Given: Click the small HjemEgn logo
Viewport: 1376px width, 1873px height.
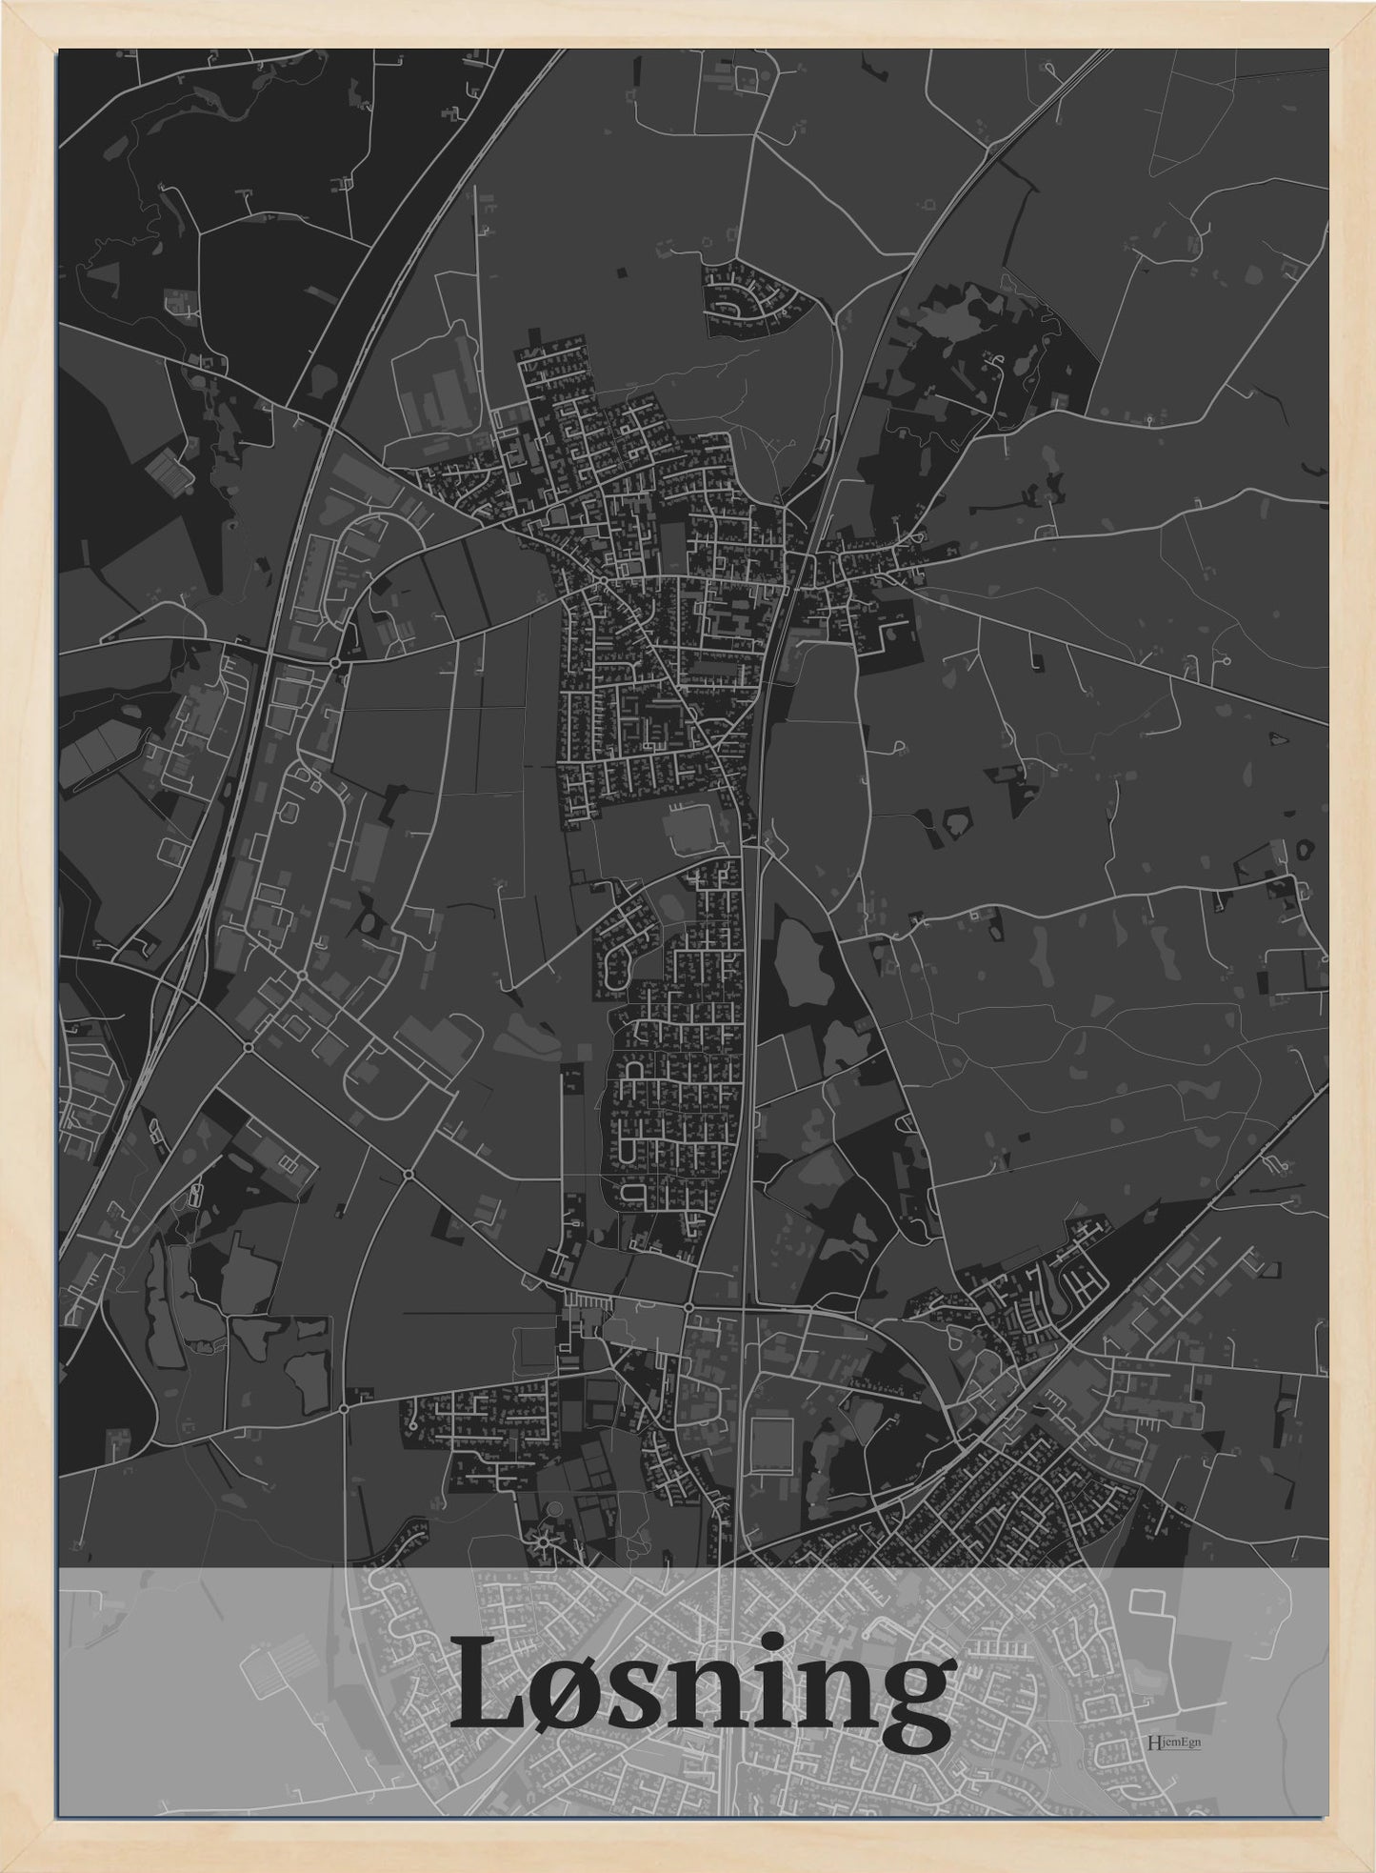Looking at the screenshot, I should [1175, 1742].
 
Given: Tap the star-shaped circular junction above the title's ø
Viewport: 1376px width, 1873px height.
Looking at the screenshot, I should [545, 1540].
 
